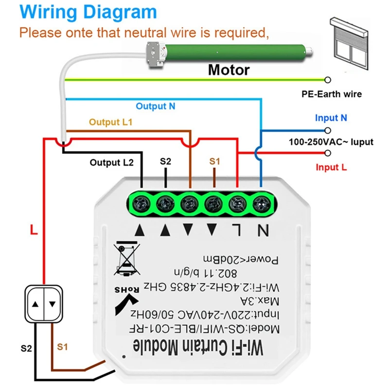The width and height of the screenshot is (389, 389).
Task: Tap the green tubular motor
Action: tap(233, 51)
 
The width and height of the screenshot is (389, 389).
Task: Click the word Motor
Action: tap(229, 70)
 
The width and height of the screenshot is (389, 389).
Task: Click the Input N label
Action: tap(331, 118)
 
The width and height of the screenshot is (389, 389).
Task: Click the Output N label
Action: tap(155, 106)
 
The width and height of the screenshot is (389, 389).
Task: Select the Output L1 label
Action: tap(110, 123)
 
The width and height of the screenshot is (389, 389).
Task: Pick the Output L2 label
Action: tap(111, 162)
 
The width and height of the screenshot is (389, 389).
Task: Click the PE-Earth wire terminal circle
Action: tap(328, 80)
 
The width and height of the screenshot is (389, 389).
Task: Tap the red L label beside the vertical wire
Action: tap(34, 230)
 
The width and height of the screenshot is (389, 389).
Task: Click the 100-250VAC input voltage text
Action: tap(331, 142)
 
